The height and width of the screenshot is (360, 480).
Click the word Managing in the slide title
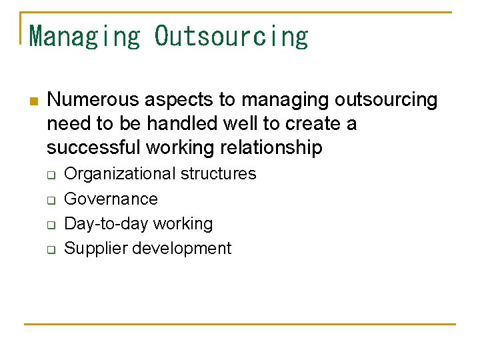click(85, 36)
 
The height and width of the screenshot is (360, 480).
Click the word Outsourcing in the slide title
click(231, 36)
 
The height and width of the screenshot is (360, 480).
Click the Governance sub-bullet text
click(111, 199)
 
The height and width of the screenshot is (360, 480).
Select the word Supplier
click(95, 249)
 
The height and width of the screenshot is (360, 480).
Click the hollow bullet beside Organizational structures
click(50, 175)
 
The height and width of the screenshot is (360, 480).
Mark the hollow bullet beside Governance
click(50, 200)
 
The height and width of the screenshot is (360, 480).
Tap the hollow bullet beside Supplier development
click(50, 250)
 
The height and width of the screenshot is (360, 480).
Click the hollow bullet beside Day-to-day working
click(50, 225)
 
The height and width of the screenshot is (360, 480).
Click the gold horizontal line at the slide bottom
click(240, 324)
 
